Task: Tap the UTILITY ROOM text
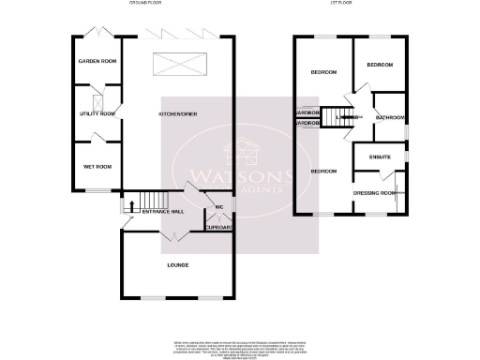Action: (x=97, y=113)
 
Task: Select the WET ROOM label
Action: (x=97, y=167)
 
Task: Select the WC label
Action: (x=218, y=207)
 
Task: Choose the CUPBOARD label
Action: (x=218, y=227)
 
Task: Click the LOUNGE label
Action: (x=177, y=265)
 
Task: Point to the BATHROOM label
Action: (x=390, y=118)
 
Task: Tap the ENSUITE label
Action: (x=380, y=157)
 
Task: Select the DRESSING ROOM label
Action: (x=374, y=193)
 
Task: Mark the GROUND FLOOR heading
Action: (x=145, y=4)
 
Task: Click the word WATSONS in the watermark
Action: (x=240, y=175)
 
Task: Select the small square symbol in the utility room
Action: (x=98, y=100)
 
